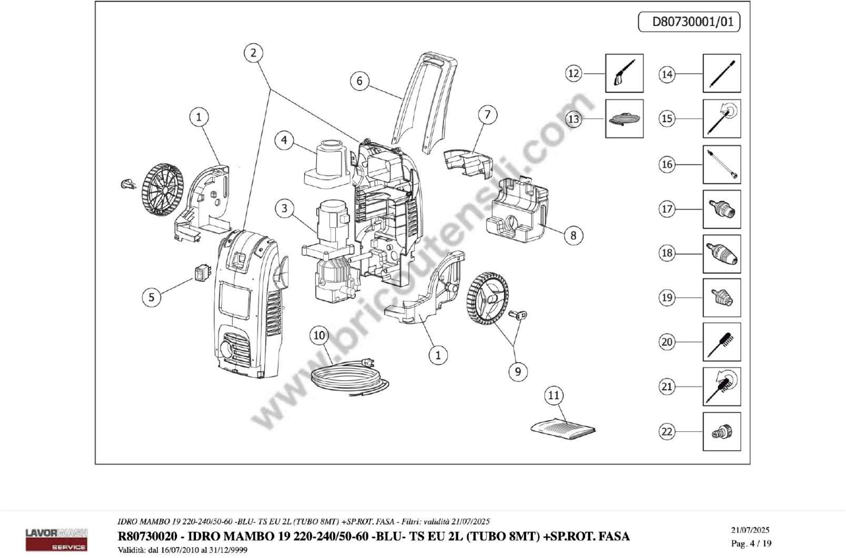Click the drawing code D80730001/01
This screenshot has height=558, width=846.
(692, 22)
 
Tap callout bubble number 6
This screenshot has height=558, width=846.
(359, 81)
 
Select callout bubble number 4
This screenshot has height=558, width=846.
(284, 140)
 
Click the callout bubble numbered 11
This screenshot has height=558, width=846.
(554, 395)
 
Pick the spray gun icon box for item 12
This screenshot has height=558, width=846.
(624, 73)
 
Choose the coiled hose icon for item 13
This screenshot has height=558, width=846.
(624, 118)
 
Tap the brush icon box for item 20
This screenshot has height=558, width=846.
(721, 342)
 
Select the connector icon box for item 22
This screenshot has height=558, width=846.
(721, 432)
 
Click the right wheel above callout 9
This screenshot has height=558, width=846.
(487, 298)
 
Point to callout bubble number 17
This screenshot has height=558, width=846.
(667, 209)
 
